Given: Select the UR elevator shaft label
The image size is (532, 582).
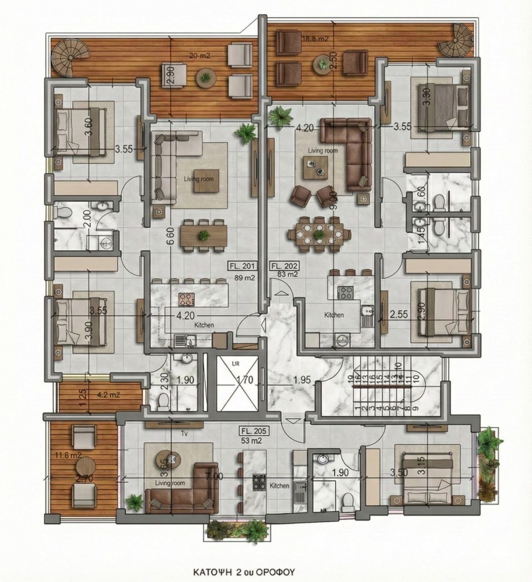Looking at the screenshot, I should (236, 364).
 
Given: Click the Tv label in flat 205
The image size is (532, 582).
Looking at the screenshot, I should (185, 433).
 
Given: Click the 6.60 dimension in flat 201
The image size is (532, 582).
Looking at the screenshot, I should (170, 236).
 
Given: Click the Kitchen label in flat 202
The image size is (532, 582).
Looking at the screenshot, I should (333, 315).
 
